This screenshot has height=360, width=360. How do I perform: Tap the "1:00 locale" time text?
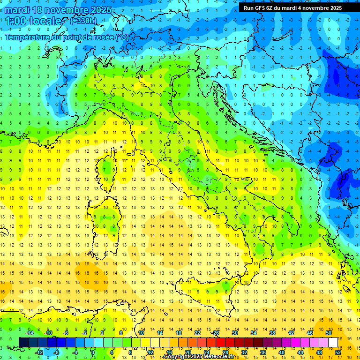point(33,21)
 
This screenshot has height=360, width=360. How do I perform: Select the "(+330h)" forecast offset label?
point(83,21)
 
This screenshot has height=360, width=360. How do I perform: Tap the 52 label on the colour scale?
point(338,352)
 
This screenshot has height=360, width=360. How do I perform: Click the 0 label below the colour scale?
point(92,352)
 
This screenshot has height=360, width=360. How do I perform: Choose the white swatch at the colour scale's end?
point(333,343)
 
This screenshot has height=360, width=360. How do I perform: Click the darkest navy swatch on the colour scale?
point(24,343)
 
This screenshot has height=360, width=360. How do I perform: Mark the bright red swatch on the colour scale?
point(221,343)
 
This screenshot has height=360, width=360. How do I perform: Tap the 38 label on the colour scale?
point(272,333)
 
